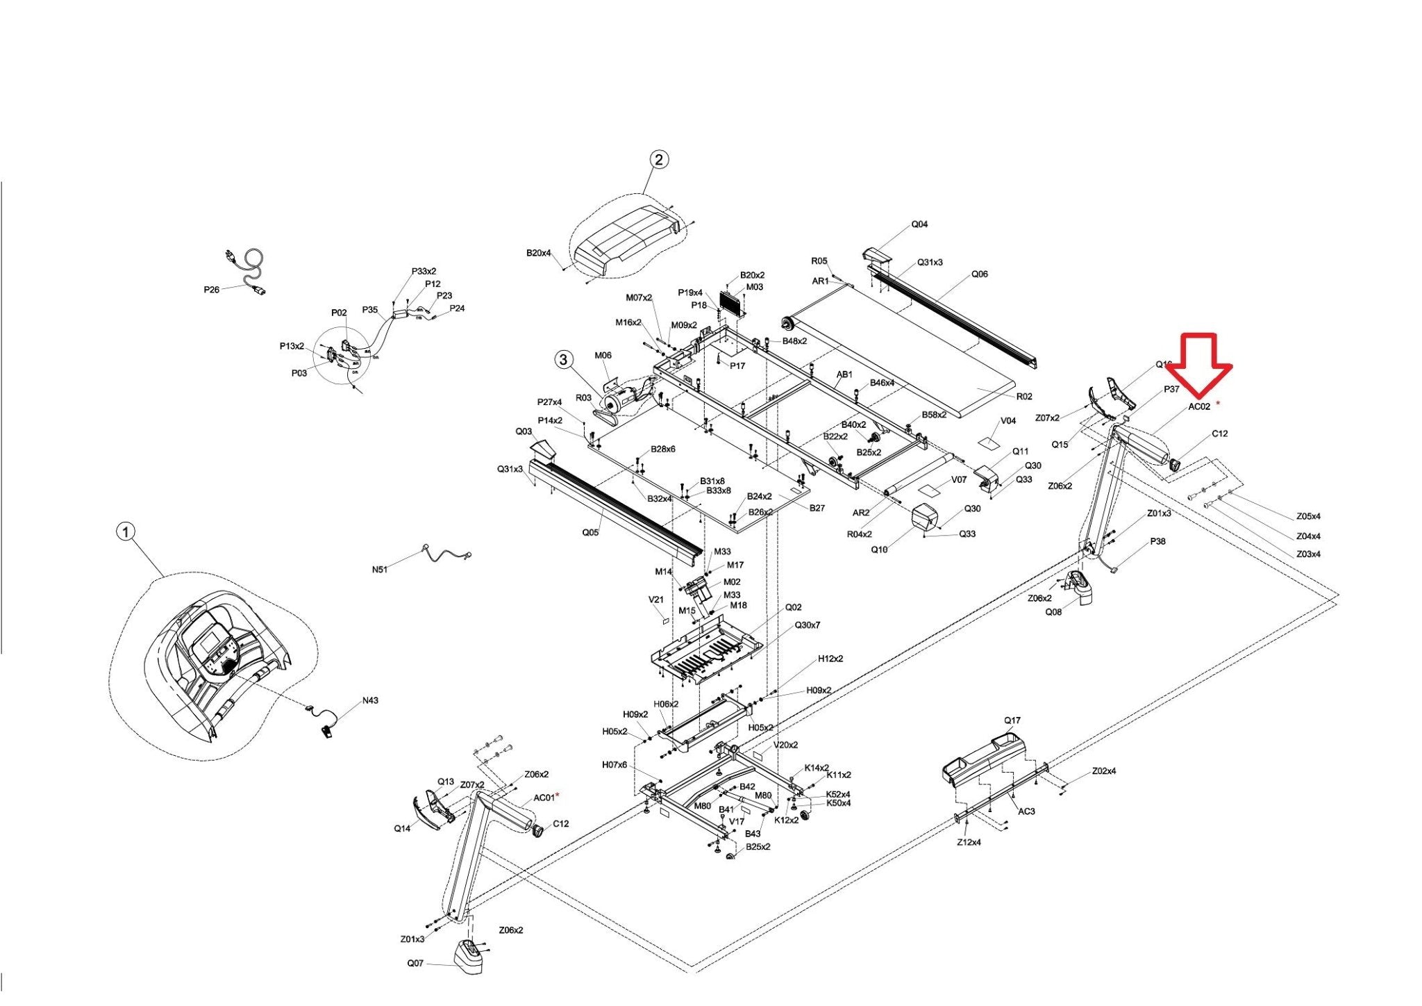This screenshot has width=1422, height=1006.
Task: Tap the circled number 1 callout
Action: pyautogui.click(x=125, y=532)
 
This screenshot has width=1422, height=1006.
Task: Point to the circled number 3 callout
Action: pyautogui.click(x=564, y=359)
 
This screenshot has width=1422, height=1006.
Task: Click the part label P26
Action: pyautogui.click(x=211, y=290)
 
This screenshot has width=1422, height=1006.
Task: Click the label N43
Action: pyautogui.click(x=370, y=700)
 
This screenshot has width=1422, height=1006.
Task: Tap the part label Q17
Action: pyautogui.click(x=1012, y=720)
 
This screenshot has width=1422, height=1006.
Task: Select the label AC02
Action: pyautogui.click(x=1199, y=407)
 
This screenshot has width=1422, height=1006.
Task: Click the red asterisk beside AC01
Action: pyautogui.click(x=558, y=794)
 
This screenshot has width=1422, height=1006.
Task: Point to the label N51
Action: pyautogui.click(x=379, y=570)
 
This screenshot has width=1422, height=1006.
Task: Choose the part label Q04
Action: pyautogui.click(x=919, y=224)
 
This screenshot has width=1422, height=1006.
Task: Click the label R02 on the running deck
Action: pyautogui.click(x=1024, y=397)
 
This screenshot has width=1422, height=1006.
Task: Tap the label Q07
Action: pyautogui.click(x=415, y=963)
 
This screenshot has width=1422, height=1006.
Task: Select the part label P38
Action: pyautogui.click(x=1157, y=541)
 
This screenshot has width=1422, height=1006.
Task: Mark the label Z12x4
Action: pyautogui.click(x=969, y=842)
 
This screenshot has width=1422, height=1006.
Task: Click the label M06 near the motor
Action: pyautogui.click(x=603, y=356)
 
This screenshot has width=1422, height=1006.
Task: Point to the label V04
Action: pyautogui.click(x=1008, y=421)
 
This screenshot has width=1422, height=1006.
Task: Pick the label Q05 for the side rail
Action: pyautogui.click(x=589, y=533)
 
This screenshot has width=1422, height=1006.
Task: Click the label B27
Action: pyautogui.click(x=817, y=508)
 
